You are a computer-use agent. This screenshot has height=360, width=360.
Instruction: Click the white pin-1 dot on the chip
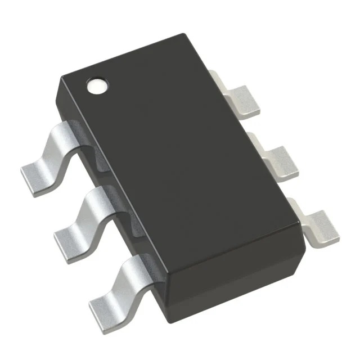(x=96, y=85)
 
